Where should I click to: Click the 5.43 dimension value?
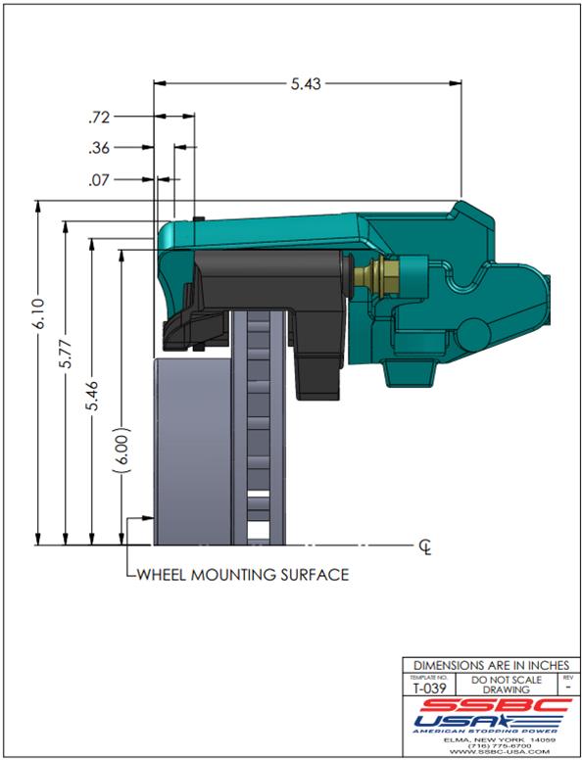point(306,84)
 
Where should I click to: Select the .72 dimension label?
point(99,118)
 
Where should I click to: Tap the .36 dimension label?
point(99,148)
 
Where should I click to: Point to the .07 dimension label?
point(99,180)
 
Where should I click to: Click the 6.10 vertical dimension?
point(39,313)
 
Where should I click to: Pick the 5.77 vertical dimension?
point(66,354)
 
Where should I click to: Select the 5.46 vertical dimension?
point(92,396)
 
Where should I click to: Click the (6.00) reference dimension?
point(123,451)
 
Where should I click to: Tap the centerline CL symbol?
point(425,547)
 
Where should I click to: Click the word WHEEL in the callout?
point(163,575)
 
